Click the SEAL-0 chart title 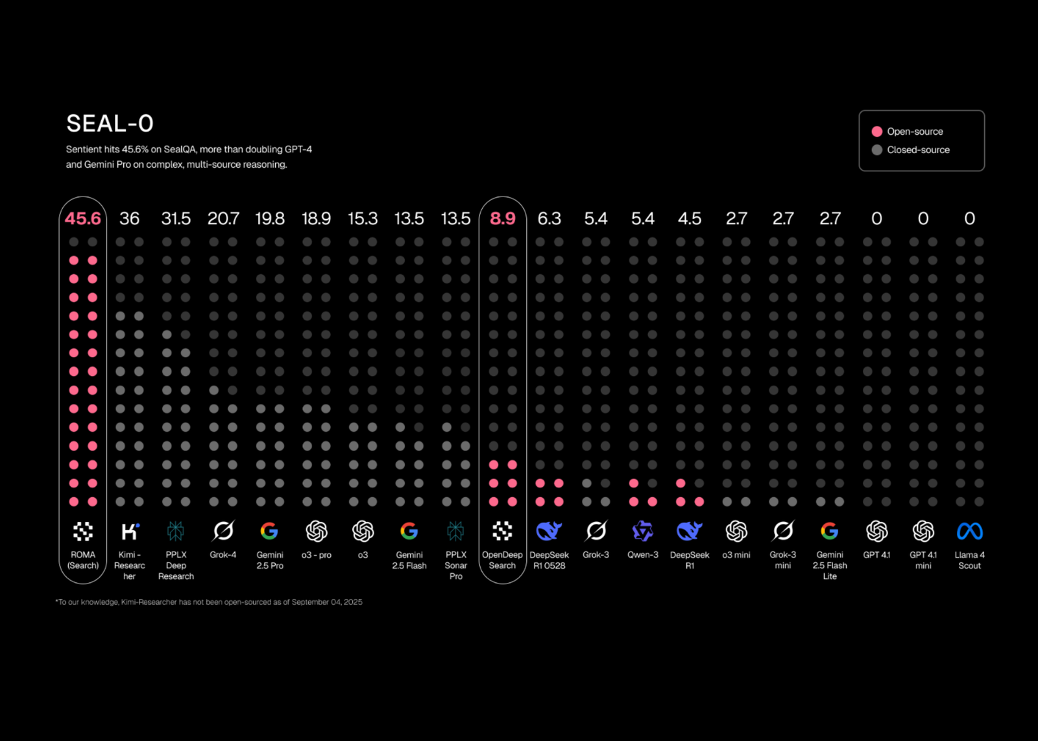[x=110, y=123]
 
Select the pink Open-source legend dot [x=877, y=132]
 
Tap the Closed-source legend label [x=918, y=150]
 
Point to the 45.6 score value [x=83, y=218]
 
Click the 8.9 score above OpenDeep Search [x=503, y=218]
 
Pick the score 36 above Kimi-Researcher [x=129, y=218]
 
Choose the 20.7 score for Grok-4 [x=223, y=218]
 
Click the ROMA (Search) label [x=83, y=560]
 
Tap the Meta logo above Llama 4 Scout [x=970, y=532]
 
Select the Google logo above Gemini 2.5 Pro [x=269, y=532]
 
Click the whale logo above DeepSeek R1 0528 [x=549, y=532]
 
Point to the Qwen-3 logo [x=642, y=532]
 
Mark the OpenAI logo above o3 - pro [x=317, y=532]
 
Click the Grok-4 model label [x=223, y=555]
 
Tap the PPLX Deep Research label [x=176, y=565]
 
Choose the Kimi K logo [x=130, y=532]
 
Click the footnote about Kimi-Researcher [x=209, y=602]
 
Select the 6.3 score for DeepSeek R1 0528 [x=549, y=218]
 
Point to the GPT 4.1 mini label [x=923, y=560]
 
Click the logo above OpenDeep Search [x=503, y=532]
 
